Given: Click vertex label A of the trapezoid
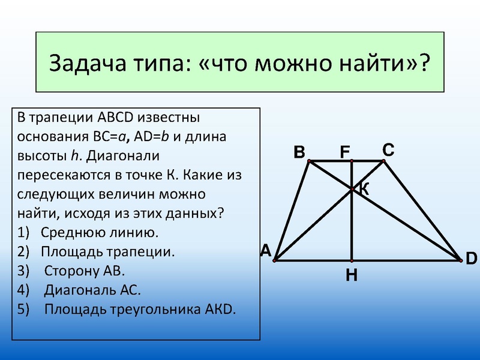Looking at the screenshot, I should [x=266, y=251].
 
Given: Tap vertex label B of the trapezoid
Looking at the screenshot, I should [x=299, y=153].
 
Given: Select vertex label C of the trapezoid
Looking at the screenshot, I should [x=388, y=151].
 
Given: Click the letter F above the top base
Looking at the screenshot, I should [x=345, y=153].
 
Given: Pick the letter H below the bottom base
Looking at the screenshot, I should [x=352, y=275].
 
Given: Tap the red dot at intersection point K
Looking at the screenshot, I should [x=352, y=189].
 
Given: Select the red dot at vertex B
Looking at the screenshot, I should [x=309, y=161].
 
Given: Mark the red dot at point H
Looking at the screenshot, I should [x=352, y=261].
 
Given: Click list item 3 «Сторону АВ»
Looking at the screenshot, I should [x=85, y=271].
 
